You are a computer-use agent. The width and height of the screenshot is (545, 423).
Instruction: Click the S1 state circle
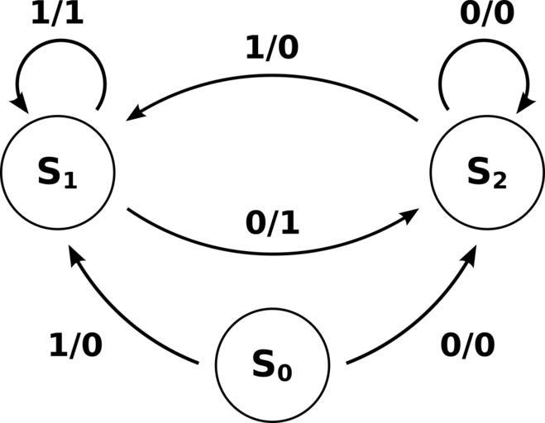[57, 173]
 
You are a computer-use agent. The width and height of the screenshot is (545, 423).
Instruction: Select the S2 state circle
[486, 173]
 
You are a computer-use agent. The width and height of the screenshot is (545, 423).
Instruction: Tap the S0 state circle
[272, 364]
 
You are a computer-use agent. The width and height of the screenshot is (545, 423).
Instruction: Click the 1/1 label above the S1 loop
[58, 14]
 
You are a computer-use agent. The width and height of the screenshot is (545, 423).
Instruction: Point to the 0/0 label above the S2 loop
[486, 14]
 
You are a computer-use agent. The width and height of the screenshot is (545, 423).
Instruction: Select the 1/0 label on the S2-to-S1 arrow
[271, 49]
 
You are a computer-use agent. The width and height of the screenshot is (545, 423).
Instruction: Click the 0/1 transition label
[271, 223]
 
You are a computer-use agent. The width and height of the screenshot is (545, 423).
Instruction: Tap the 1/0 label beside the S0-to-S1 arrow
[76, 345]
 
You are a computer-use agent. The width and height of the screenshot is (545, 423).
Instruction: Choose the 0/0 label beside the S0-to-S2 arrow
[467, 345]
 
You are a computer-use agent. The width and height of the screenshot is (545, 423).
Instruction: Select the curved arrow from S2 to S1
[273, 76]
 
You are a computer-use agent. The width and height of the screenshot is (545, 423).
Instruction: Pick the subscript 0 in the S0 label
[284, 373]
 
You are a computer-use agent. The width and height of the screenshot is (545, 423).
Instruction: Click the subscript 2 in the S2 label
[499, 181]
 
